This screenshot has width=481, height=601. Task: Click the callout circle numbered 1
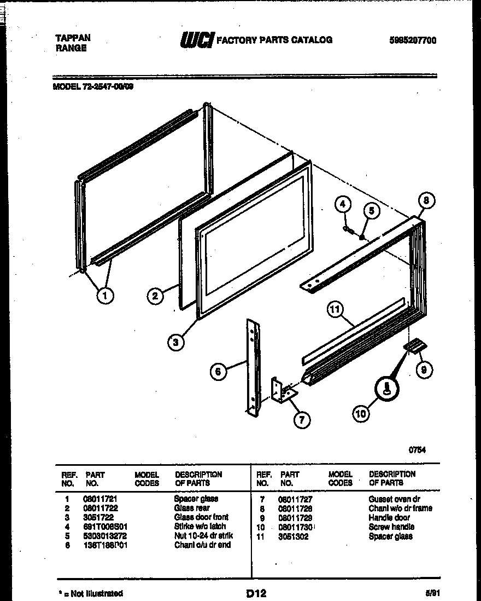[x=105, y=296]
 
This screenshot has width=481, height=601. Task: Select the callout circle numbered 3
[x=176, y=342]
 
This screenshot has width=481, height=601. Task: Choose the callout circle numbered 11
[x=335, y=310]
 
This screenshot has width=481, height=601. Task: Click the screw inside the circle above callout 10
[x=386, y=389]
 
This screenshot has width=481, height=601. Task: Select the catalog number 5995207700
[x=413, y=41]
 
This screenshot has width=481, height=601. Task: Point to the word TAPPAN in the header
[x=73, y=38]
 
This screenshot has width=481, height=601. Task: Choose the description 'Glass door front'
[x=201, y=517]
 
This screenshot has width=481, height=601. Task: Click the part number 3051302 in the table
[x=294, y=536]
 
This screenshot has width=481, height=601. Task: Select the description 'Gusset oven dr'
[x=394, y=499]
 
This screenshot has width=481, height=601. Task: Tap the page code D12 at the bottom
[x=256, y=593]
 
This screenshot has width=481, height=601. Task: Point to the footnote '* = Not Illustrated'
[x=90, y=593]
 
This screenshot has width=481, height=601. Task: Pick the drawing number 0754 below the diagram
[x=418, y=450]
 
